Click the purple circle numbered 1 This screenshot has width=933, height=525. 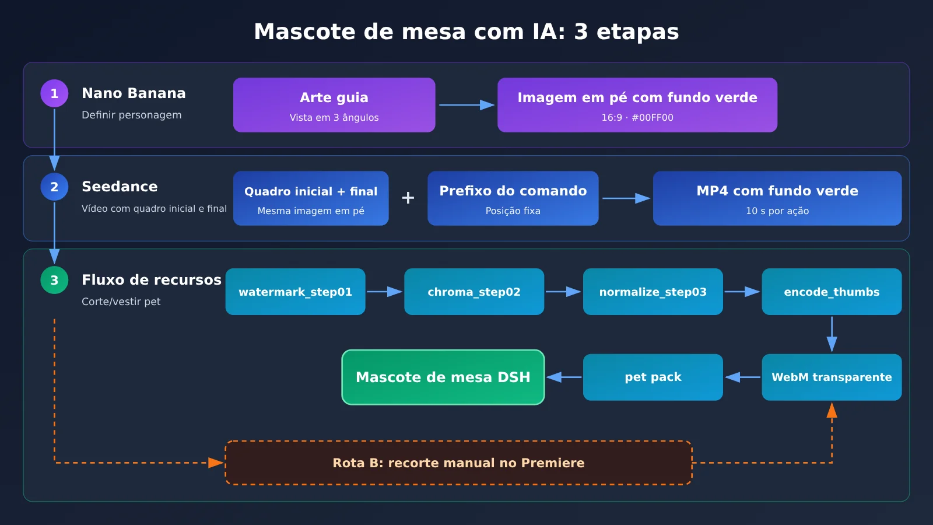pyautogui.click(x=54, y=93)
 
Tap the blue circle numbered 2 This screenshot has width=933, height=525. pyautogui.click(x=54, y=187)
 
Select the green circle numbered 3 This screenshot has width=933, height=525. pyautogui.click(x=54, y=280)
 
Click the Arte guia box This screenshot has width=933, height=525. pyautogui.click(x=334, y=105)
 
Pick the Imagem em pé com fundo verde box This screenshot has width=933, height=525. pyautogui.click(x=637, y=105)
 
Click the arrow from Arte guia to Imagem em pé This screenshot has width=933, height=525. pyautogui.click(x=466, y=105)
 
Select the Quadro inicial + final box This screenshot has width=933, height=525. pyautogui.click(x=311, y=198)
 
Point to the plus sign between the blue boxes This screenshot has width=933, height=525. pyautogui.click(x=408, y=198)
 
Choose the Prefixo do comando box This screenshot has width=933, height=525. pyautogui.click(x=513, y=198)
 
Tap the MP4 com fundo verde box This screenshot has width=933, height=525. pyautogui.click(x=777, y=198)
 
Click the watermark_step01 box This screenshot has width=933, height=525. pyautogui.click(x=295, y=292)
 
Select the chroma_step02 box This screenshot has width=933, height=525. pyautogui.click(x=474, y=292)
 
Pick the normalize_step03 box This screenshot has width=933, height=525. pyautogui.click(x=653, y=292)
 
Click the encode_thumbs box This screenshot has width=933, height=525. pyautogui.click(x=832, y=292)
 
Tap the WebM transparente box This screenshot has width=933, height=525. pyautogui.click(x=832, y=377)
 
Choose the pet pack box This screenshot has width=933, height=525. pyautogui.click(x=653, y=377)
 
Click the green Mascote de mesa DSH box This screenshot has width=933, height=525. pyautogui.click(x=443, y=377)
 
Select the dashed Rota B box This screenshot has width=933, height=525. pyautogui.click(x=458, y=463)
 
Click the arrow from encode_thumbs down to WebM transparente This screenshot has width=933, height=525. pyautogui.click(x=832, y=334)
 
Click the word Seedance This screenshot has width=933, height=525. pyautogui.click(x=120, y=187)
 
